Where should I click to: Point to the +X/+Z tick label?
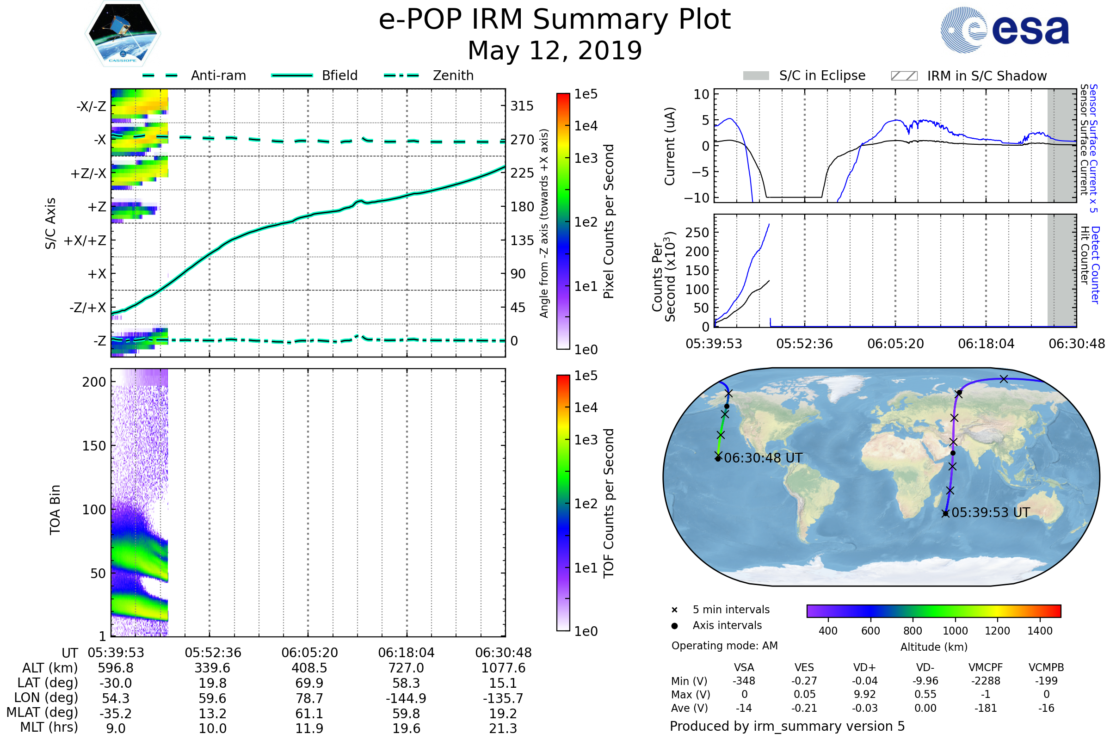tap(85, 240)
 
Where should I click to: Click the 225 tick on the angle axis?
tap(522, 173)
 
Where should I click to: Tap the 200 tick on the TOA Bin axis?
tap(94, 382)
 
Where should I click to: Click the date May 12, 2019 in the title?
tap(555, 50)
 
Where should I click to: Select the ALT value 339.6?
tap(212, 668)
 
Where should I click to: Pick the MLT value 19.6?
tap(407, 728)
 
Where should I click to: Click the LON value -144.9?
tap(407, 698)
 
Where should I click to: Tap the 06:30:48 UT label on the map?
tap(763, 458)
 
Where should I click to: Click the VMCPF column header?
tap(986, 667)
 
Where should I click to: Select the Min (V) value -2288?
tap(986, 680)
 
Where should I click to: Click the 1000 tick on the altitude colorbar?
tap(955, 631)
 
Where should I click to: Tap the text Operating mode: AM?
tap(724, 646)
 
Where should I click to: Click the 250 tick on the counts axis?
tap(697, 233)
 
